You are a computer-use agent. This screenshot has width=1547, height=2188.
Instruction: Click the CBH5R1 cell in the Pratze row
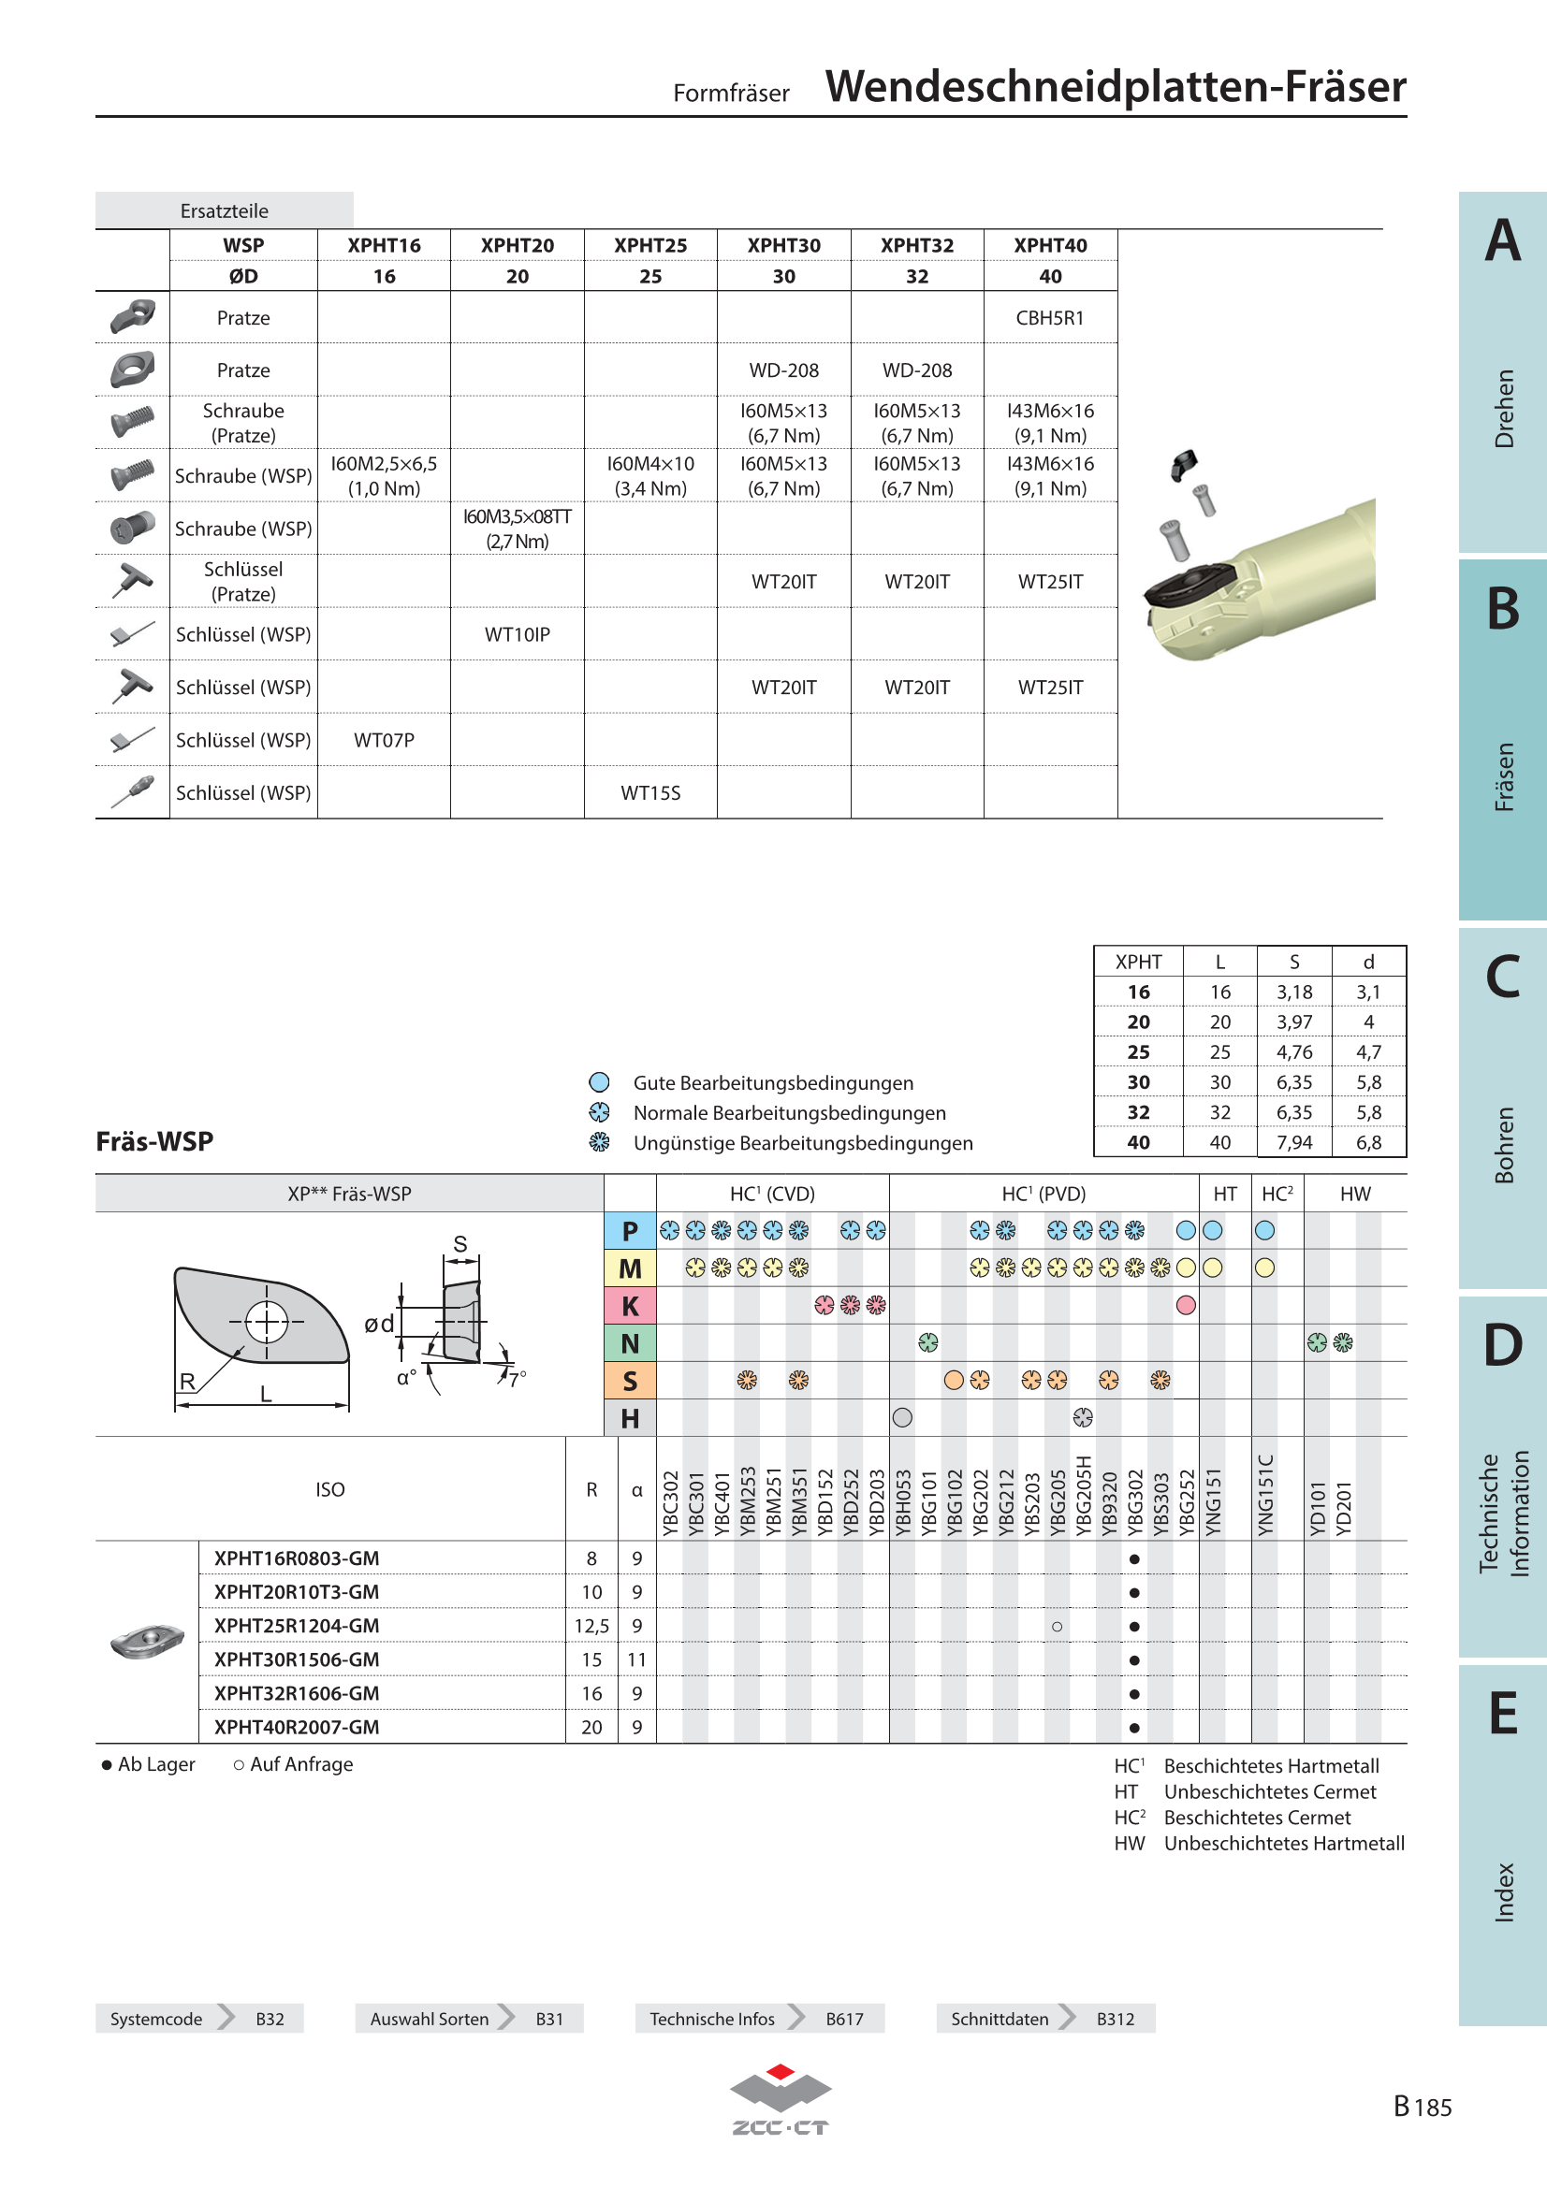click(x=1049, y=318)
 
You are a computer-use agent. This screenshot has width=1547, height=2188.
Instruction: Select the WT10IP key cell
click(x=517, y=634)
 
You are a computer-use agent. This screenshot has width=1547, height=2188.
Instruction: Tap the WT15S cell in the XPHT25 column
click(x=650, y=793)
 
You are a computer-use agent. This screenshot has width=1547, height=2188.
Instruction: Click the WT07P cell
click(x=384, y=741)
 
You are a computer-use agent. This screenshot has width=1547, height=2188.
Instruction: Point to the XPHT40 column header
click(x=1049, y=246)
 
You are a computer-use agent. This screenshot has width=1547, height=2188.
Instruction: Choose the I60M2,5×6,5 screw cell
click(x=384, y=475)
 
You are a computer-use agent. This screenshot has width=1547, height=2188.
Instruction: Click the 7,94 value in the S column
click(x=1293, y=1141)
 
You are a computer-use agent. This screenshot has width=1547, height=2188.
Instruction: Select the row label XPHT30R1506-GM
click(x=297, y=1659)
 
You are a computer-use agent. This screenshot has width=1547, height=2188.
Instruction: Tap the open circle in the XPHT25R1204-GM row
click(x=1056, y=1627)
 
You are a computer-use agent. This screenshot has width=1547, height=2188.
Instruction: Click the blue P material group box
click(x=630, y=1231)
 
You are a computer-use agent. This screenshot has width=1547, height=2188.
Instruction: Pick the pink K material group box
click(x=630, y=1306)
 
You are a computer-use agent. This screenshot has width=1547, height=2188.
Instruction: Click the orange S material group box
click(x=630, y=1381)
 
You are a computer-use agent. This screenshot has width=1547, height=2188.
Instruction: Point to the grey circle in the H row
click(x=901, y=1418)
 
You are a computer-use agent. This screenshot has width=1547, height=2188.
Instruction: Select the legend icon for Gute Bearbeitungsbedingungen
click(x=599, y=1082)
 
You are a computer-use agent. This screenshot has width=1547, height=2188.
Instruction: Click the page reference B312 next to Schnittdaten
click(x=1116, y=2019)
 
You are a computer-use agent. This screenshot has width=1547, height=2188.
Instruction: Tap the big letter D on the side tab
click(x=1502, y=1344)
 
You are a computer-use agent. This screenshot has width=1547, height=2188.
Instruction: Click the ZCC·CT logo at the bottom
click(x=780, y=2100)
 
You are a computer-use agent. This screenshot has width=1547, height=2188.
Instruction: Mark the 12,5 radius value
click(x=591, y=1626)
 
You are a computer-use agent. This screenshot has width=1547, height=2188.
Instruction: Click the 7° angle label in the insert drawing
click(x=517, y=1379)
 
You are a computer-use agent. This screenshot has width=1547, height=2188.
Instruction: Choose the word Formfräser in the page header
click(x=731, y=94)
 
